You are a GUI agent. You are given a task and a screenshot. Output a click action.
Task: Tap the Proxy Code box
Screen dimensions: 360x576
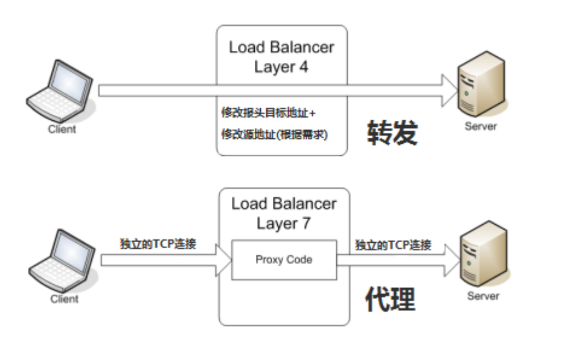pyautogui.click(x=283, y=259)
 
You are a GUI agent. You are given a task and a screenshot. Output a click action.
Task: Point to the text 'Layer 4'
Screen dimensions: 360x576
pyautogui.click(x=281, y=66)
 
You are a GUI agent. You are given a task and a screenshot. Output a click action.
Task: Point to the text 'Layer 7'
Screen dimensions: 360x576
pyautogui.click(x=284, y=223)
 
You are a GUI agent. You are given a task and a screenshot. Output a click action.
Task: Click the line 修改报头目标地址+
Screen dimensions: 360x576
pyautogui.click(x=269, y=113)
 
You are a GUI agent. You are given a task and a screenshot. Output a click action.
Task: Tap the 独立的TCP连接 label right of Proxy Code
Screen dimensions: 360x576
pyautogui.click(x=393, y=245)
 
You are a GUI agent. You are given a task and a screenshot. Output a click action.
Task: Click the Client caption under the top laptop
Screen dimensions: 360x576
pyautogui.click(x=62, y=129)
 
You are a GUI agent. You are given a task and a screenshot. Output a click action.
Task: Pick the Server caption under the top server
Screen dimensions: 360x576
pyautogui.click(x=481, y=127)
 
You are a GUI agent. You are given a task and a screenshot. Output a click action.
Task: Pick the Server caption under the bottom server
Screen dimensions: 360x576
pyautogui.click(x=484, y=296)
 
